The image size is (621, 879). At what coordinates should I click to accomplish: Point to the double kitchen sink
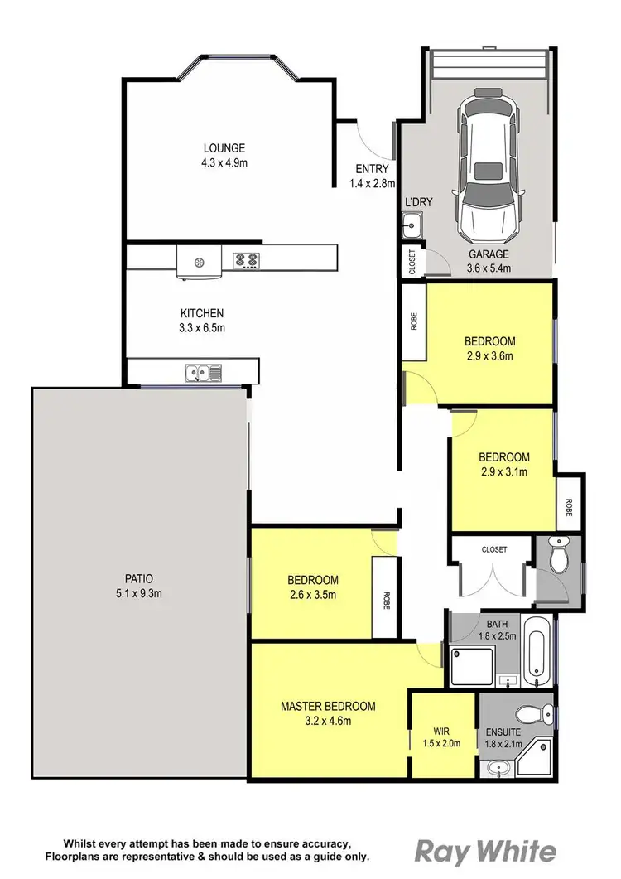coord(202,374)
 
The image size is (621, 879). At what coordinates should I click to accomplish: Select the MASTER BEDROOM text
coord(327,707)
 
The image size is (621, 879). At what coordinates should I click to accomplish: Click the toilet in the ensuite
coord(527,714)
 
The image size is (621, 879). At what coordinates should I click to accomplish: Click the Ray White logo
coord(484,850)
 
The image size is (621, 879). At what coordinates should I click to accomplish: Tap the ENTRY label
coord(371,170)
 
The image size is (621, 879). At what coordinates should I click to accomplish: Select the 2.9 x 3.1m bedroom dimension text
coord(503,472)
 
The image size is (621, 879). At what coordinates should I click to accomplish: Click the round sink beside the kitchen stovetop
coord(200,263)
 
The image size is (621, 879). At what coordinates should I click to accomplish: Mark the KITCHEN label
coord(202,313)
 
